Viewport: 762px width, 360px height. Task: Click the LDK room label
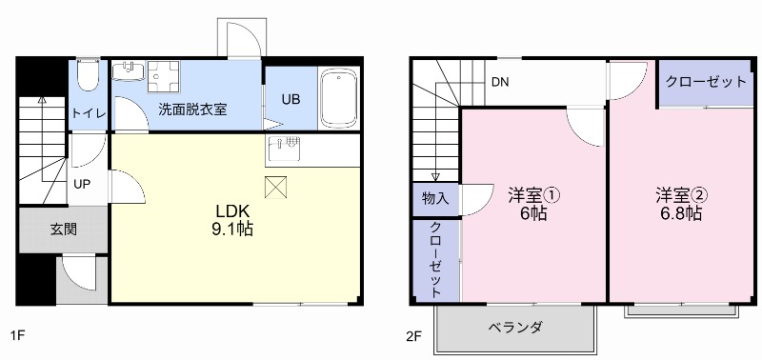pos(232,210)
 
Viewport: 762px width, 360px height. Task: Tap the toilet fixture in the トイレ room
pos(88,74)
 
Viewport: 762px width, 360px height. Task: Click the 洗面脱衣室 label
pos(192,110)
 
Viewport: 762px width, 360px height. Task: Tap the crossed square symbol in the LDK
pos(276,188)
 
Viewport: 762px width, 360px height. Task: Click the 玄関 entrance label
pos(64,229)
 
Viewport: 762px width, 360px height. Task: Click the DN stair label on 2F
pos(500,82)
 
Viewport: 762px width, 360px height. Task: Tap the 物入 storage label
pos(435,199)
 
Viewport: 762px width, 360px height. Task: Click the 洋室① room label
pos(533,195)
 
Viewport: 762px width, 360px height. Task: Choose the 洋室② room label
pos(680,195)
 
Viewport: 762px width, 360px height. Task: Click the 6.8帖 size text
pos(680,214)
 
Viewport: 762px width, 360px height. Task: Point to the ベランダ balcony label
pos(515,328)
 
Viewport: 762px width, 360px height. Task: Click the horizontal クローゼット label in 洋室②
pos(706,82)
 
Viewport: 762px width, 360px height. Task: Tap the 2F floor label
pos(413,336)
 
